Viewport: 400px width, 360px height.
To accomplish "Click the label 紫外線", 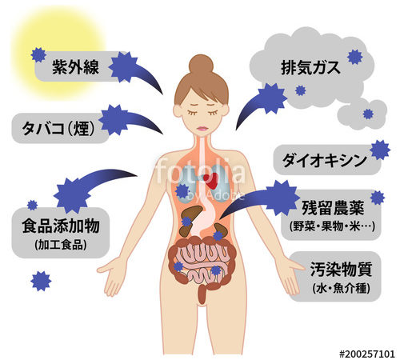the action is [x=75, y=66].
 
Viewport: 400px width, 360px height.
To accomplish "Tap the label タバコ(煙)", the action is [x=58, y=128].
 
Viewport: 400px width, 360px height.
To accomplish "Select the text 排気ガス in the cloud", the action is [x=310, y=67].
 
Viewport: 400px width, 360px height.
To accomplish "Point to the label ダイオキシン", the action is [x=325, y=160].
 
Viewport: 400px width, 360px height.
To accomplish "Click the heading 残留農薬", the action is [x=333, y=208].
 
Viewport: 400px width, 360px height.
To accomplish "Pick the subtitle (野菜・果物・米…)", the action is [x=332, y=226].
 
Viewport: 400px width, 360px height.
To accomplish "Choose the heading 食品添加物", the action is [x=61, y=226].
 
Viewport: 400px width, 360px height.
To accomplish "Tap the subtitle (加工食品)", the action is [x=61, y=245].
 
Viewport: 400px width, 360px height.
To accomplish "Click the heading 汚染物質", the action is [x=341, y=269].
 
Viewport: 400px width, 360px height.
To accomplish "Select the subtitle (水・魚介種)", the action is [x=341, y=288].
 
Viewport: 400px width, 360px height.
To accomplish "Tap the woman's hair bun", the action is [x=201, y=65].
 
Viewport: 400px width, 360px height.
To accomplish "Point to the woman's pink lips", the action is [x=202, y=128].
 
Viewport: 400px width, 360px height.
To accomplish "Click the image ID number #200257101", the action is [x=367, y=354].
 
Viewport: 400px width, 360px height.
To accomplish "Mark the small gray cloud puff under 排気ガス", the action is [x=362, y=114].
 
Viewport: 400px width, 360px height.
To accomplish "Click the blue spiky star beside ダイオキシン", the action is [x=380, y=150].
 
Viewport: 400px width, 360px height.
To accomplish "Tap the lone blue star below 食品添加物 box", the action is [x=41, y=281].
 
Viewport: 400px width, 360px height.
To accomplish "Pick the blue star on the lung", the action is [x=182, y=191].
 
